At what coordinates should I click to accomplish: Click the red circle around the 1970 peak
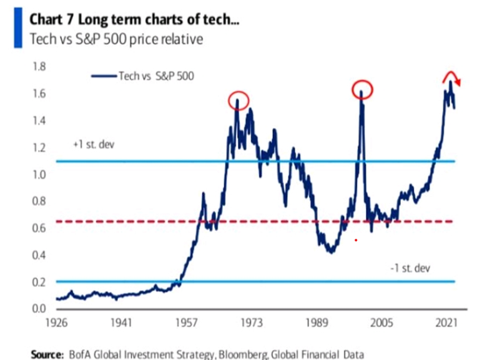[x=239, y=99]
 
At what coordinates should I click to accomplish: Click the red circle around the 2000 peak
[x=362, y=89]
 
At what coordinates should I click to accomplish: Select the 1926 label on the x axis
[x=56, y=324]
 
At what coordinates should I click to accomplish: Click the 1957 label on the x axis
[x=185, y=324]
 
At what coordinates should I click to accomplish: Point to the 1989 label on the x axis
[x=316, y=324]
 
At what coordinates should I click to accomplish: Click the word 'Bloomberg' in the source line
[x=241, y=354]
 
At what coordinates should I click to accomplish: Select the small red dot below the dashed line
[x=356, y=240]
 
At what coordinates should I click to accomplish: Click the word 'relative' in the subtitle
[x=184, y=40]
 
